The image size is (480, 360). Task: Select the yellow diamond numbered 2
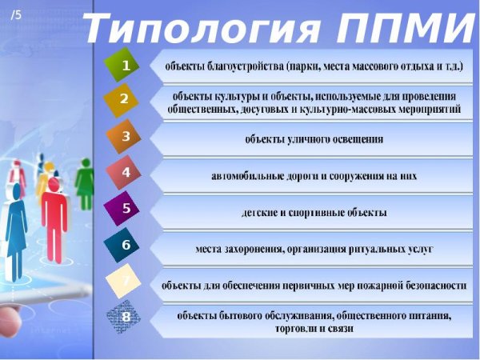[124, 99]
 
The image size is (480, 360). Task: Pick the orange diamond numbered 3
[125, 136]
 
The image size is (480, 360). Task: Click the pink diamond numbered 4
[126, 172]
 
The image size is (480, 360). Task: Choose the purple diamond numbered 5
[126, 208]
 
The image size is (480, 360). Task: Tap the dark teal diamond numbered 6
[126, 245]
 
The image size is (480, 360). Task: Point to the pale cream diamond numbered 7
[126, 281]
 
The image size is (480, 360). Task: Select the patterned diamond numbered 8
[126, 317]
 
